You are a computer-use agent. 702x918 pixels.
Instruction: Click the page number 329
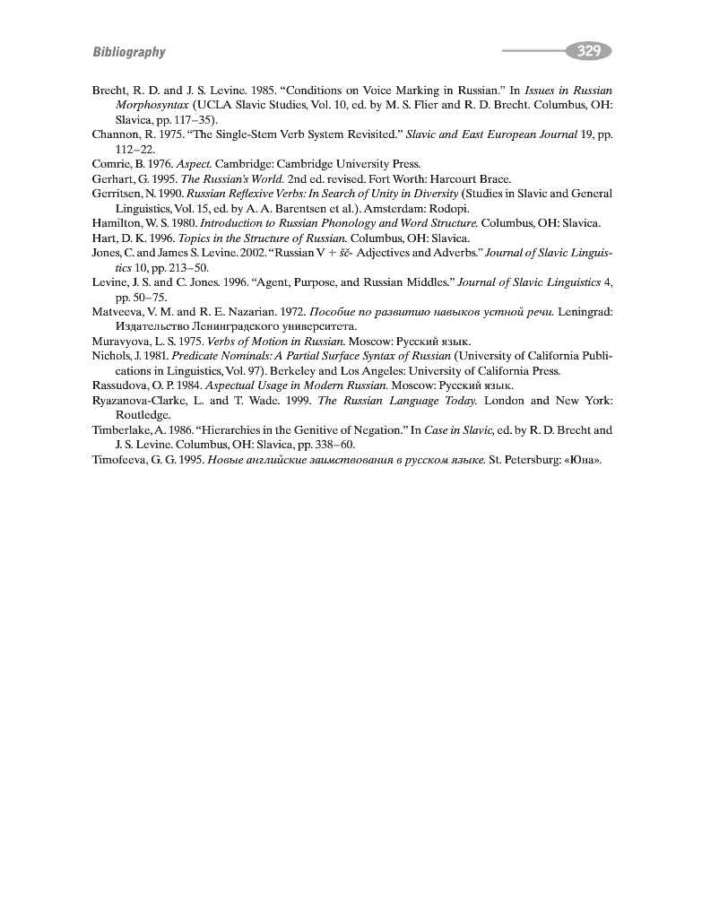pos(588,52)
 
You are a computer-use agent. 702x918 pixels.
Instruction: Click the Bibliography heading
pos(129,53)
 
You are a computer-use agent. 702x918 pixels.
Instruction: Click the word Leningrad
pos(586,312)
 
